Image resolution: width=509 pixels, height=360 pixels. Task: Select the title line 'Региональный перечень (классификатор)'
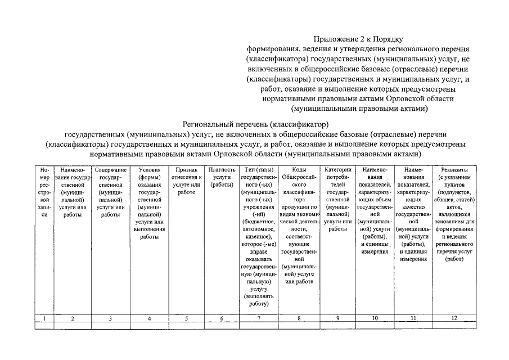[255, 124]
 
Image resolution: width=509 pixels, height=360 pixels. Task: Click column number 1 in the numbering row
[44, 318]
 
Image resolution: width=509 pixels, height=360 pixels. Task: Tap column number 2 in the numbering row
[73, 318]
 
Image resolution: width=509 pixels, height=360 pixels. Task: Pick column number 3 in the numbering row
[110, 318]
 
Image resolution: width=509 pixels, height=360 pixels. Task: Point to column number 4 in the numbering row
[149, 318]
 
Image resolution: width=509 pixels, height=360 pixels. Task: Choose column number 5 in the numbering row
[186, 318]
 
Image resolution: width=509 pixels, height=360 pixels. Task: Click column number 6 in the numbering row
[222, 318]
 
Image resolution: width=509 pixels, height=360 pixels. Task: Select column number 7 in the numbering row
[259, 318]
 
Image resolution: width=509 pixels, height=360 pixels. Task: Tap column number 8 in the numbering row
[299, 318]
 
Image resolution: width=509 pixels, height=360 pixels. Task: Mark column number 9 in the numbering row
[337, 318]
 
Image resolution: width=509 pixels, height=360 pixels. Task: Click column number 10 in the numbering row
[375, 318]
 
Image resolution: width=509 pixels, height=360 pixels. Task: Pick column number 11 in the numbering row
[413, 318]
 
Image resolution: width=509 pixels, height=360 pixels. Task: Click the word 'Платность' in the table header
[222, 170]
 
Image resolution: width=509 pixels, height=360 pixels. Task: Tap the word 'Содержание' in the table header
[110, 170]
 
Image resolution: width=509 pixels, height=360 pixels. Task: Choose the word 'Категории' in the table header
[337, 170]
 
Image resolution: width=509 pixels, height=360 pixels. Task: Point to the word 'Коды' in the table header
[299, 170]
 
